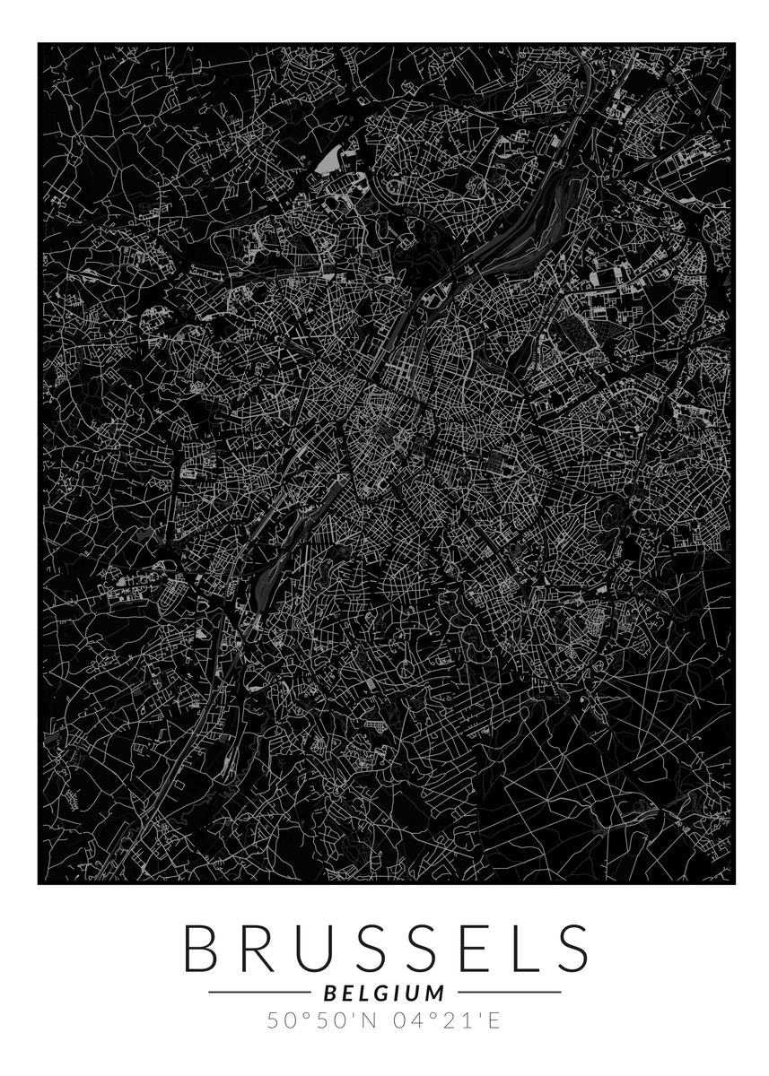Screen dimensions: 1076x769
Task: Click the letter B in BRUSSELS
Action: pyautogui.click(x=204, y=947)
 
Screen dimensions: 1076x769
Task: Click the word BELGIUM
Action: pyautogui.click(x=384, y=993)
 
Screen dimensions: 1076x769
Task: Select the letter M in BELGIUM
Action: pyautogui.click(x=434, y=993)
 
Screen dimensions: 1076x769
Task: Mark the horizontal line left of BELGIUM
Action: pyautogui.click(x=259, y=993)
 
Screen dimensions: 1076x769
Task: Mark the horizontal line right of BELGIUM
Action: pyautogui.click(x=509, y=993)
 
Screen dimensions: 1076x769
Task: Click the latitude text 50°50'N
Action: pyautogui.click(x=318, y=1020)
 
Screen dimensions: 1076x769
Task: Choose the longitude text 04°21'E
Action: pyautogui.click(x=448, y=1020)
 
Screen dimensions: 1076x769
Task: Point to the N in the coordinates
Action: pyautogui.click(x=369, y=1020)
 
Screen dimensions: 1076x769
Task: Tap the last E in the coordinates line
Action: pyautogui.click(x=495, y=1020)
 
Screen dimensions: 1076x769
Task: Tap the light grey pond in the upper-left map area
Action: pyautogui.click(x=327, y=161)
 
